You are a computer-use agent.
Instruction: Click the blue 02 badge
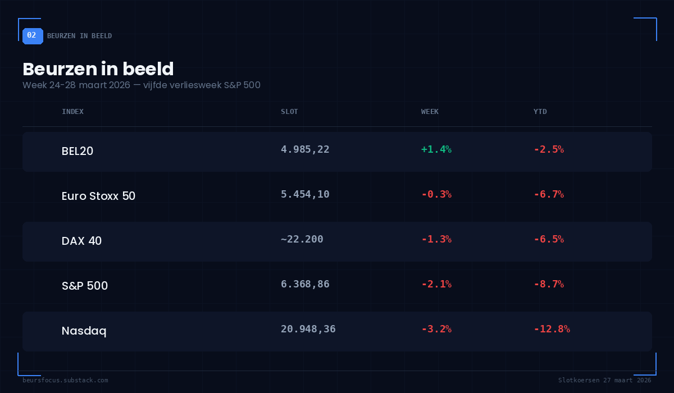coord(32,35)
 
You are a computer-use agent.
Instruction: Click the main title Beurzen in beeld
coord(98,69)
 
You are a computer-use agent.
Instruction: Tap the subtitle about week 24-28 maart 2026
coord(141,85)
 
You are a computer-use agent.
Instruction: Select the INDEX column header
coord(72,112)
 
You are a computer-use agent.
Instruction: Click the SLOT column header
coord(289,112)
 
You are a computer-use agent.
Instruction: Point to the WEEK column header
coord(430,112)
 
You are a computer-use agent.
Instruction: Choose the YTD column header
coord(540,112)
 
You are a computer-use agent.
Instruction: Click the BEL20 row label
coord(78,151)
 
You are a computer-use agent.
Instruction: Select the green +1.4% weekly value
coord(436,149)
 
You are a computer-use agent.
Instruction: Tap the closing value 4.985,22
coord(305,149)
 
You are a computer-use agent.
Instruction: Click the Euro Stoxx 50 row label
coord(98,196)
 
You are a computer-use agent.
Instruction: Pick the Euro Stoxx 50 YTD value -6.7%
coord(549,194)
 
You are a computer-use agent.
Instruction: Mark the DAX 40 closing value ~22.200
coord(302,239)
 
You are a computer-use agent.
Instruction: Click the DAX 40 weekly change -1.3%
coord(436,239)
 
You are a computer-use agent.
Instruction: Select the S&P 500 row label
coord(85,286)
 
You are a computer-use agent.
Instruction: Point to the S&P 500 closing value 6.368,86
coord(305,284)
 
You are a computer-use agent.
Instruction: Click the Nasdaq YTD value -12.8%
coord(552,329)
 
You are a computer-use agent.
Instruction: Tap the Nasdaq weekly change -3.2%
coord(436,329)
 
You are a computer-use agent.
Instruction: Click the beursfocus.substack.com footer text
coord(65,380)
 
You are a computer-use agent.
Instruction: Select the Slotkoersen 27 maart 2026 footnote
coord(604,380)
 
